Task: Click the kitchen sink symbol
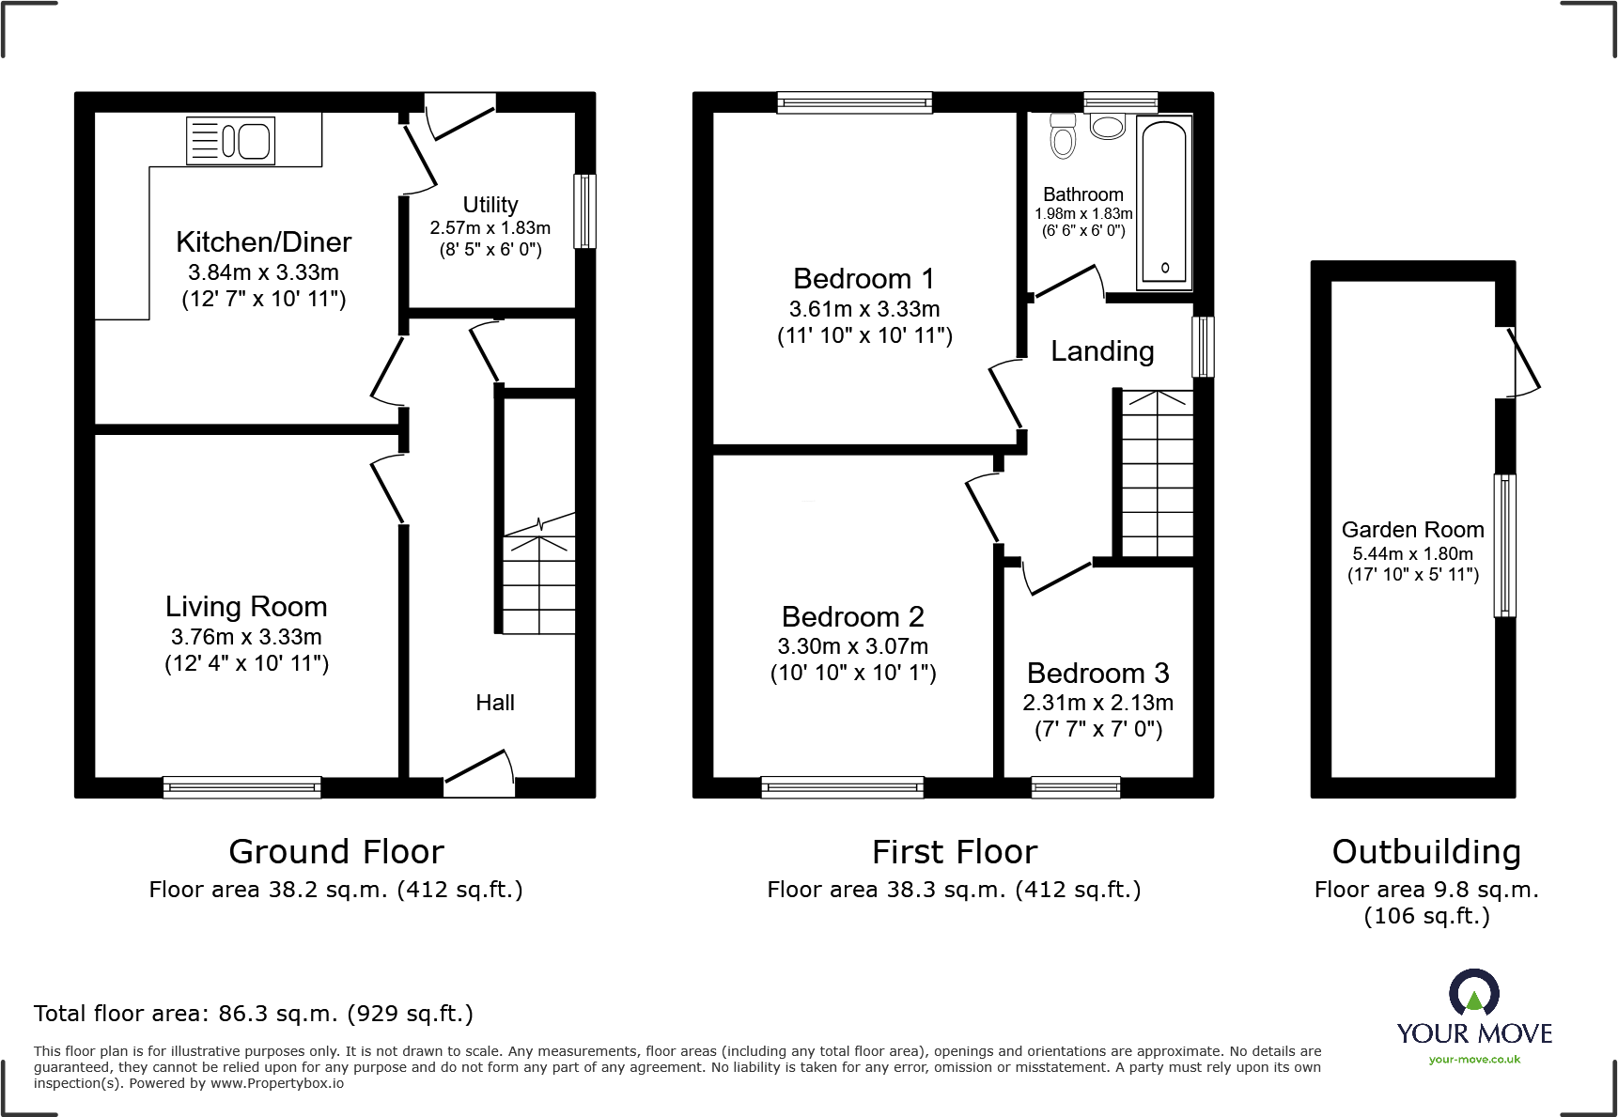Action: (x=230, y=141)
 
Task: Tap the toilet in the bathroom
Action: (x=1063, y=137)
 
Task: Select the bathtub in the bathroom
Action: (x=1164, y=202)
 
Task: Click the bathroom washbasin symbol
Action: (x=1108, y=126)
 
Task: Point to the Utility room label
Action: (x=490, y=205)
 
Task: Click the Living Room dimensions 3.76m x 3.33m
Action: (x=246, y=637)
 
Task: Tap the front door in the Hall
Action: (x=479, y=770)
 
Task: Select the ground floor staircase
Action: (x=538, y=582)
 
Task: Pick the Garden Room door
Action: (x=1522, y=362)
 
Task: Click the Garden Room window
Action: (x=1504, y=545)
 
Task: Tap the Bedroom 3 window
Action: (x=1075, y=787)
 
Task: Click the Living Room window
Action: (x=241, y=787)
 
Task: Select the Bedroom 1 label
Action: (x=863, y=279)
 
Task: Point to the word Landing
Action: (x=1102, y=351)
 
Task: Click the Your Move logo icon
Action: (x=1473, y=992)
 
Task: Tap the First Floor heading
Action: (x=954, y=852)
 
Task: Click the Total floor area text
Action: (x=253, y=1014)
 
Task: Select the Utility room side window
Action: (x=584, y=211)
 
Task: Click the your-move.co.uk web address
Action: (x=1474, y=1060)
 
